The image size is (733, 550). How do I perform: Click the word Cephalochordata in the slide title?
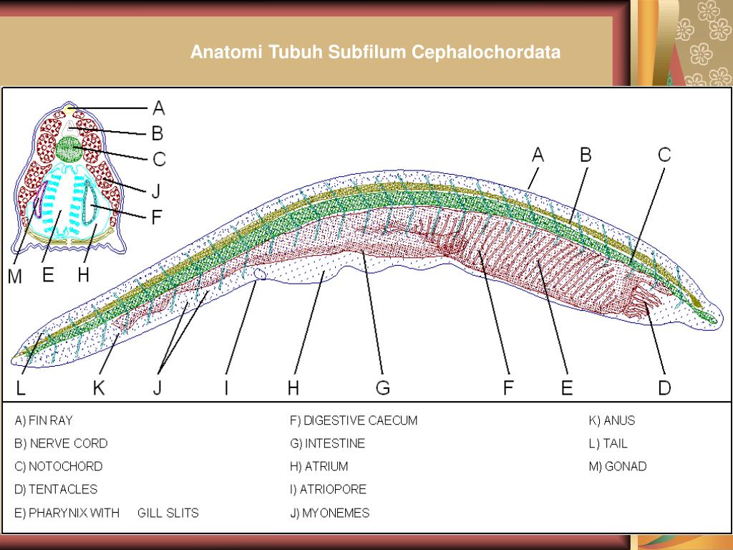[x=486, y=52]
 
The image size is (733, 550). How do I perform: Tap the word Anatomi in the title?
[x=227, y=52]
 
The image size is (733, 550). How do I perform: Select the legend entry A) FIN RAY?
[x=44, y=420]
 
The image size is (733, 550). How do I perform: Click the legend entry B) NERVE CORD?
[x=61, y=443]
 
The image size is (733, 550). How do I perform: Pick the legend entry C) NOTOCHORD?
[x=59, y=466]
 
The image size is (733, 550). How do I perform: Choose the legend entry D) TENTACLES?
[x=56, y=489]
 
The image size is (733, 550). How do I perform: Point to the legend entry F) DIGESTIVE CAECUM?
[x=354, y=420]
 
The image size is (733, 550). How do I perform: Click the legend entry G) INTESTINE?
[x=327, y=443]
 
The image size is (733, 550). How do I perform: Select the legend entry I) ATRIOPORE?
[x=328, y=489]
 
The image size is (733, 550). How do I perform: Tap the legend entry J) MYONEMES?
[x=329, y=513]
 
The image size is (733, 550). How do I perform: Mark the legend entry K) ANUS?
[x=612, y=420]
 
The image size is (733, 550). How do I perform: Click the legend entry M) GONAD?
[x=618, y=466]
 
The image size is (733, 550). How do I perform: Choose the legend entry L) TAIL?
[x=608, y=443]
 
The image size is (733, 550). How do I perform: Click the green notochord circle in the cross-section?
[x=69, y=148]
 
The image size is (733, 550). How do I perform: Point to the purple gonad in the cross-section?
[x=40, y=201]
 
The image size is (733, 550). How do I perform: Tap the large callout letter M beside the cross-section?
[x=15, y=276]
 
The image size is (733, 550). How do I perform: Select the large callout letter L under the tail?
[x=21, y=387]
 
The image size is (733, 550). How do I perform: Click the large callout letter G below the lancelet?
[x=382, y=387]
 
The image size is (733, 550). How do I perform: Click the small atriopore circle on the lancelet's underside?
[x=260, y=274]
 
